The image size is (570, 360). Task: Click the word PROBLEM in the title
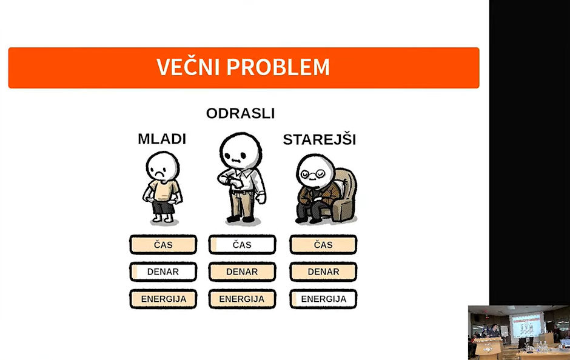(278, 67)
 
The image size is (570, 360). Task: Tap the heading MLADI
(162, 139)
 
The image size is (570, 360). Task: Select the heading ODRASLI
(240, 113)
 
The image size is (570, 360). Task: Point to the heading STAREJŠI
(320, 139)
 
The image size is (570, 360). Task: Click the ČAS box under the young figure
(163, 244)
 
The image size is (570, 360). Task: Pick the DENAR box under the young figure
(163, 272)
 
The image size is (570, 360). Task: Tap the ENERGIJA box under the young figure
(163, 299)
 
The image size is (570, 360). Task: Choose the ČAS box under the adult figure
(242, 244)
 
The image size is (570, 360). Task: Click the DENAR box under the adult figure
(242, 272)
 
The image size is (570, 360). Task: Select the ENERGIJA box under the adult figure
(242, 299)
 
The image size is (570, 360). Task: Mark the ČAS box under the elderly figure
(323, 244)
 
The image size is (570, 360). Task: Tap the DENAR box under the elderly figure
(323, 272)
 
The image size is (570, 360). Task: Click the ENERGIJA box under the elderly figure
(323, 299)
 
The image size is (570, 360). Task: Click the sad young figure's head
(163, 167)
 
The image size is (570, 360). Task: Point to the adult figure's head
(240, 151)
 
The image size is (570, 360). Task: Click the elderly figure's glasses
(312, 174)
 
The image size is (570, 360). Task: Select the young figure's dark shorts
(163, 207)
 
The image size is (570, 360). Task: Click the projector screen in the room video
(526, 325)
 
